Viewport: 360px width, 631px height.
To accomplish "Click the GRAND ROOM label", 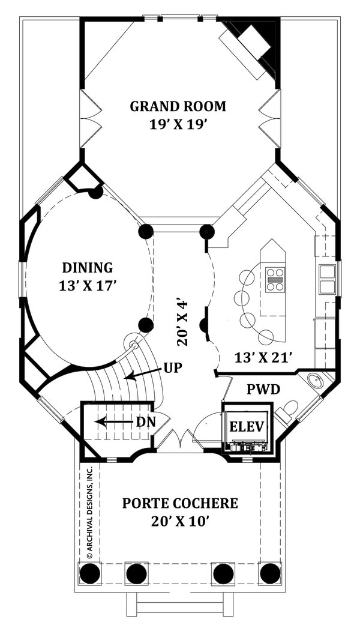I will click(x=178, y=107).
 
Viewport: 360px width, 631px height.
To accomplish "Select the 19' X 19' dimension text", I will click(x=178, y=124).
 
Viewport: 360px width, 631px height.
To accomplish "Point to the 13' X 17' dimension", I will click(x=88, y=285).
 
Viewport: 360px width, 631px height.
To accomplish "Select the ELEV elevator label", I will click(x=248, y=427).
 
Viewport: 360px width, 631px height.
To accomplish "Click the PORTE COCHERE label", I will click(x=180, y=503).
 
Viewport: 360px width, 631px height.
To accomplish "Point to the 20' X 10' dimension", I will click(x=180, y=521).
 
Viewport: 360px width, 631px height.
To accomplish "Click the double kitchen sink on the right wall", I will click(x=327, y=279).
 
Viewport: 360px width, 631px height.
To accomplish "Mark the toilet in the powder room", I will click(x=288, y=411).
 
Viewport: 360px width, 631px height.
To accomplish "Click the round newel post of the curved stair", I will click(x=135, y=346).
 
